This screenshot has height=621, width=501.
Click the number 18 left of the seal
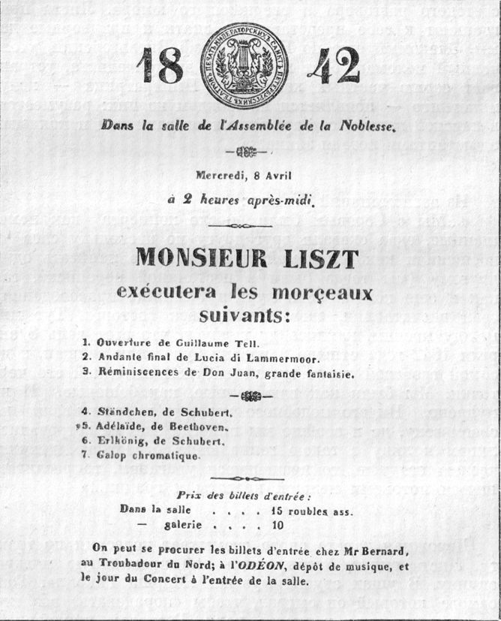click(x=160, y=67)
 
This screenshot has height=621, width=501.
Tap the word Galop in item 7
click(x=112, y=456)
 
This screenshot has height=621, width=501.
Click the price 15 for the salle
click(x=279, y=511)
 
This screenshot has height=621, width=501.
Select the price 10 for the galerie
click(x=278, y=526)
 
